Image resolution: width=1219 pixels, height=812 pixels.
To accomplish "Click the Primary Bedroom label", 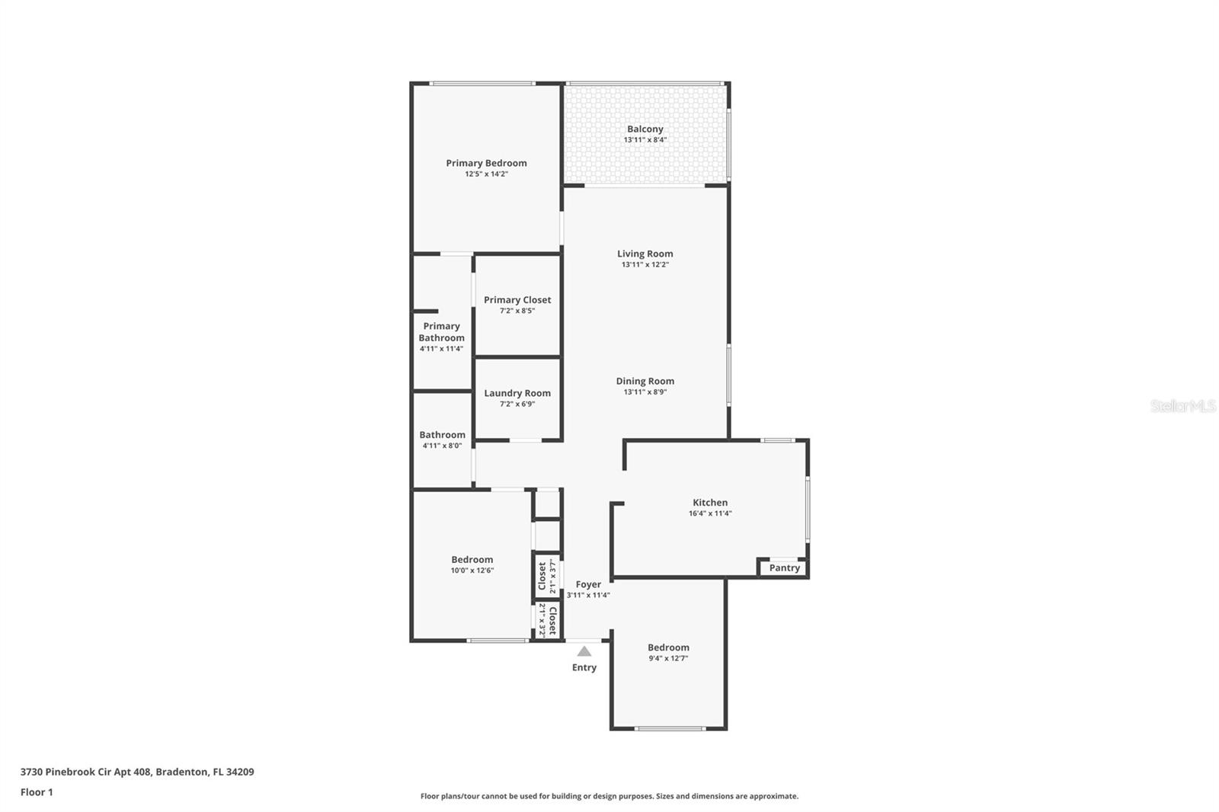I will coord(486,163).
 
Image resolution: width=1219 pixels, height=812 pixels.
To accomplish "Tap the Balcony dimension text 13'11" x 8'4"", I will coord(645,140).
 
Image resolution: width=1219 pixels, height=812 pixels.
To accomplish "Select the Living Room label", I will coord(645,254).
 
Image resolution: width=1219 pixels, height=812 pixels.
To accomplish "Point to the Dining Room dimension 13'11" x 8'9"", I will coord(645,392).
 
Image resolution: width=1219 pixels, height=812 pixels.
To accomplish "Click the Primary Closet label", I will coord(517,300).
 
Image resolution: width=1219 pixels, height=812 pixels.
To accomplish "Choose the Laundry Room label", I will coord(517,393).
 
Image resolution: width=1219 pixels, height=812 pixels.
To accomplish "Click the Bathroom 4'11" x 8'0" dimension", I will coord(442,446).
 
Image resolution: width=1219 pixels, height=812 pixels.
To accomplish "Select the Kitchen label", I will coord(710,503).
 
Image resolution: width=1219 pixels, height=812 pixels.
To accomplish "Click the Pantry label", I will coord(785,568).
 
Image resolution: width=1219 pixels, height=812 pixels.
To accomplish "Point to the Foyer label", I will coord(588,584).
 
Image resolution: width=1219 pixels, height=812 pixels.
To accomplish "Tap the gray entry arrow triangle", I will coord(584,651).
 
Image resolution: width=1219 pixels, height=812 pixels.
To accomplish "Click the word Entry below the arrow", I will coord(584,667).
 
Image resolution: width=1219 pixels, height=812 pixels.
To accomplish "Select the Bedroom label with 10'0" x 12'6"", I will coord(472,560).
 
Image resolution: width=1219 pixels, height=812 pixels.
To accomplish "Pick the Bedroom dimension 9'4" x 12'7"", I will coord(668,658).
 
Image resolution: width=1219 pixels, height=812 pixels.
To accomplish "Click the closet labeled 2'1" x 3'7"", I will coord(546,576).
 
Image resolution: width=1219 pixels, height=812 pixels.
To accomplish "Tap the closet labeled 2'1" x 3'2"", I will coord(547,620).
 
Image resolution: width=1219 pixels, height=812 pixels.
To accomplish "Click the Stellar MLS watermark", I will coord(1182,406).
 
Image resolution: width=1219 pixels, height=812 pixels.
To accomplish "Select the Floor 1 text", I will coord(37,792).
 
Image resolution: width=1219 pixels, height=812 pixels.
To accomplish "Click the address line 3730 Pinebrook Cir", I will coord(137,772).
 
